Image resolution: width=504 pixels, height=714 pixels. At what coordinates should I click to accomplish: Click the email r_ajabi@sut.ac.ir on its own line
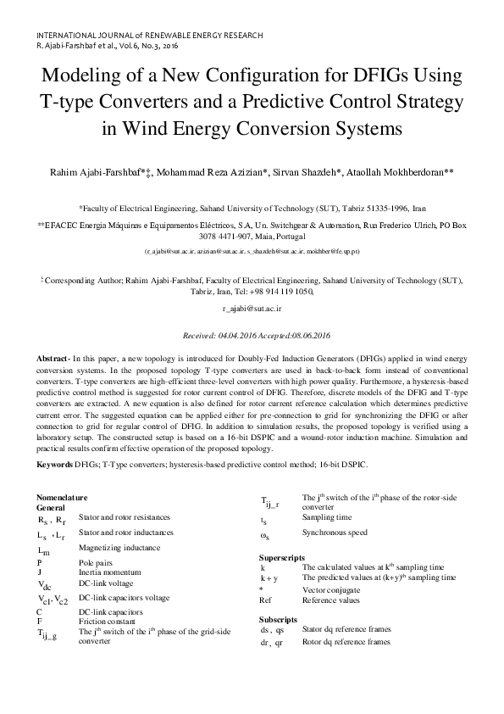252,310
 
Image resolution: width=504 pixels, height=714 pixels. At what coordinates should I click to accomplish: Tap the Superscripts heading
282,556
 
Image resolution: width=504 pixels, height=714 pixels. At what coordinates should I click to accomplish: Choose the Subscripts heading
278,620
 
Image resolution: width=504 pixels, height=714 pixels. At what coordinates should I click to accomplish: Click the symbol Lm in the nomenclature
45,550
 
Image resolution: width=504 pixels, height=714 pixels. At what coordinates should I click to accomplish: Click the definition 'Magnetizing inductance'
119,548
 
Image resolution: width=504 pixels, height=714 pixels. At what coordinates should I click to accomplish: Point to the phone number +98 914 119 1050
280,291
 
